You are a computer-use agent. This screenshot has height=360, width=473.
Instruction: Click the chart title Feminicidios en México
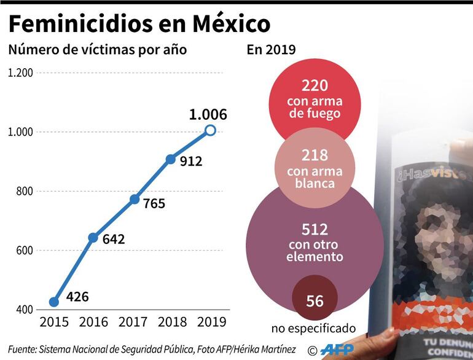point(139,24)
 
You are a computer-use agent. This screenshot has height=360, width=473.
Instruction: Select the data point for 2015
point(54,302)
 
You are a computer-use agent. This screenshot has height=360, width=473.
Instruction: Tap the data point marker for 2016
point(93,238)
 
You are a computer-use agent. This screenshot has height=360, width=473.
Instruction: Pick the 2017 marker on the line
point(134,199)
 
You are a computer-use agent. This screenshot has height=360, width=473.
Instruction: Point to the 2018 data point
point(171,159)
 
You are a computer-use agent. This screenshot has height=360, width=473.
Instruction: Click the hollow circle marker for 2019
point(210,130)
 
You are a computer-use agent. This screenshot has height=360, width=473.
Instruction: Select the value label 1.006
point(208,114)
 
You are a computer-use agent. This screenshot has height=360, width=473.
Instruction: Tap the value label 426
point(77,297)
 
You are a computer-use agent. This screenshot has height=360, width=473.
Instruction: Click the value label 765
point(154,203)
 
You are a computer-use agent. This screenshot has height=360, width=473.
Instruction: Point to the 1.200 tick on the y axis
point(20,73)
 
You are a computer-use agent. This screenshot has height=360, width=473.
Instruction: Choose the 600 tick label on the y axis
point(25,250)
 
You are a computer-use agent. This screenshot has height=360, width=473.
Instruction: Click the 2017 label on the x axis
point(133,321)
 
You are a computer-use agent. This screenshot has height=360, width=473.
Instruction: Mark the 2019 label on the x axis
point(211,321)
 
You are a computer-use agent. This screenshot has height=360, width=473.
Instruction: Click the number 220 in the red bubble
point(315,86)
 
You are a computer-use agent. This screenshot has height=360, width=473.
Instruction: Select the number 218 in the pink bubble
point(315,155)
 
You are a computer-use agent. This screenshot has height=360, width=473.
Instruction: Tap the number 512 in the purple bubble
point(315,229)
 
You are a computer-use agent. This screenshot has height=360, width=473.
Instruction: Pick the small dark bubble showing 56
point(314,300)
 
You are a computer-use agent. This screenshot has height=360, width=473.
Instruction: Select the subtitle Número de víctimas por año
point(97,50)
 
